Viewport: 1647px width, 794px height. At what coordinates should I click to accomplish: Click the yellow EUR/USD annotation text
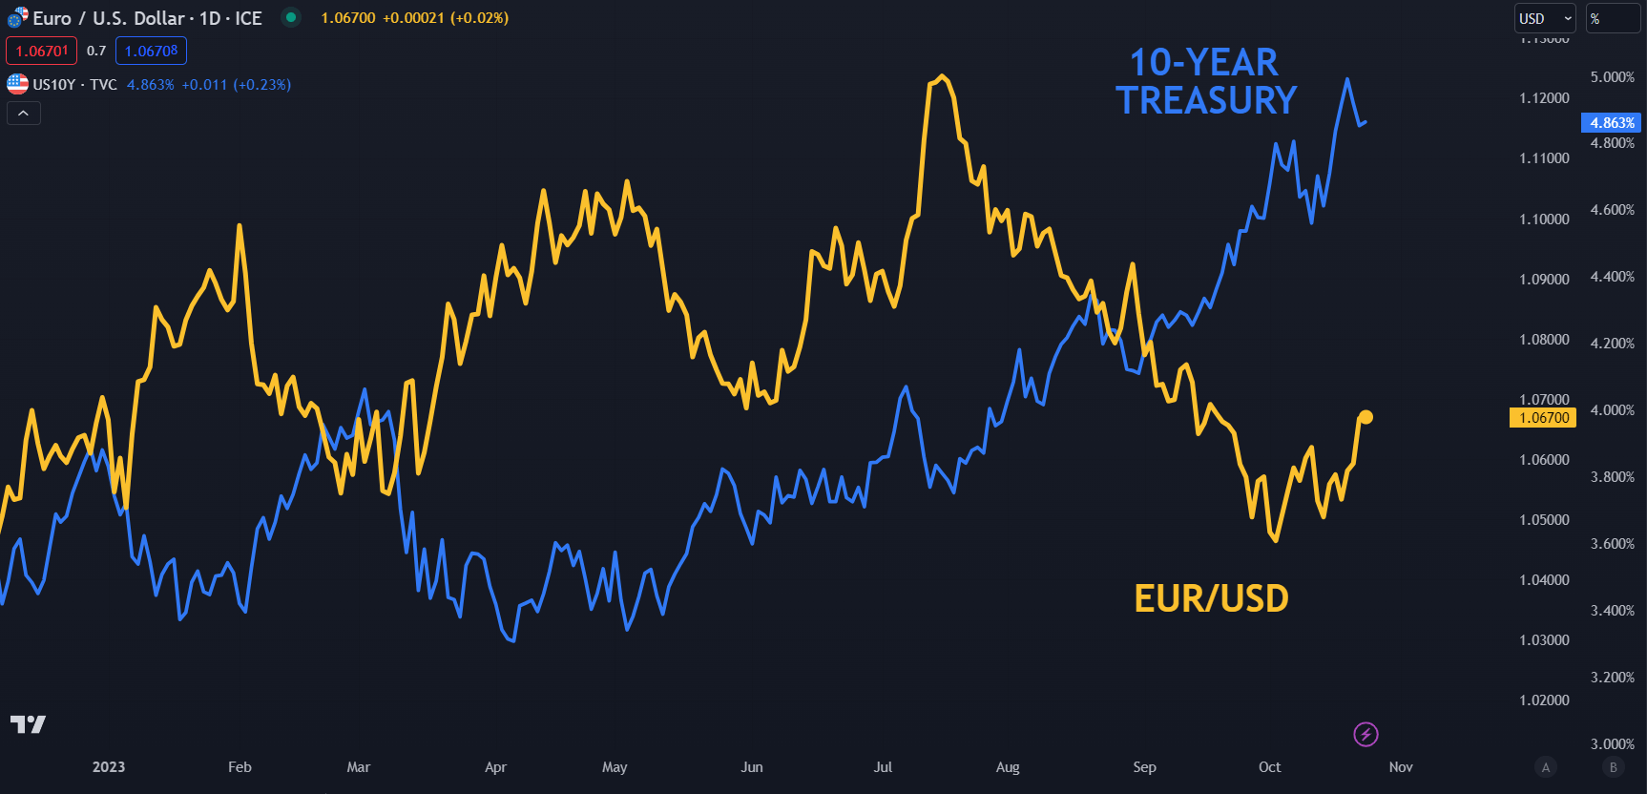1211,598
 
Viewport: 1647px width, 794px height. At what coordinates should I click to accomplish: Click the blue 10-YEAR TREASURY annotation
1206,82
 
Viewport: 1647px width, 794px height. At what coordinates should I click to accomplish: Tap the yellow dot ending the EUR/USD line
1366,417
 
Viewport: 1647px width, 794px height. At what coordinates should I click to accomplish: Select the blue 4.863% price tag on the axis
1612,123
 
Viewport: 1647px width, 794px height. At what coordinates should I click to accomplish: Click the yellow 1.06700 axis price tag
1543,418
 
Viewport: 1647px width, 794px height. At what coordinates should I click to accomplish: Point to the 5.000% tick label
1612,77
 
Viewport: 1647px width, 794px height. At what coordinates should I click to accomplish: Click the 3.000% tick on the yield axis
1612,743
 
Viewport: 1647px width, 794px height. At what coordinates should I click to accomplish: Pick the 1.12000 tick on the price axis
1544,98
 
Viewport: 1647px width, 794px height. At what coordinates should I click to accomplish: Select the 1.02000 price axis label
1544,700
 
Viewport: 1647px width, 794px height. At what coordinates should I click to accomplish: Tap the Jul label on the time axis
883,767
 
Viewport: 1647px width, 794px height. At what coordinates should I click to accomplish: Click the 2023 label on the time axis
109,767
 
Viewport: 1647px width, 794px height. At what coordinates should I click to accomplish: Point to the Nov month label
1401,767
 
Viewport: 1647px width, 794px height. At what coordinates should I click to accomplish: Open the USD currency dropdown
1545,18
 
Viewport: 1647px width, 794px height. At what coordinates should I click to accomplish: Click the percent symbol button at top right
1612,18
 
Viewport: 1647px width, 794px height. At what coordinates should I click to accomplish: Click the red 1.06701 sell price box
42,51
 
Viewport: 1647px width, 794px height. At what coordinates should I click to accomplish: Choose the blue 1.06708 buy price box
151,51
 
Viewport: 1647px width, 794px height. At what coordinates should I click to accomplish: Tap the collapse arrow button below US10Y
24,114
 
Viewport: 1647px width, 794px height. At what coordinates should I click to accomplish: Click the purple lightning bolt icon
1366,734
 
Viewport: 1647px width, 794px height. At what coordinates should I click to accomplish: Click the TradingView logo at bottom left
28,724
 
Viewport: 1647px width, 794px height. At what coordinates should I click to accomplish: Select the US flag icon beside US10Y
17,84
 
